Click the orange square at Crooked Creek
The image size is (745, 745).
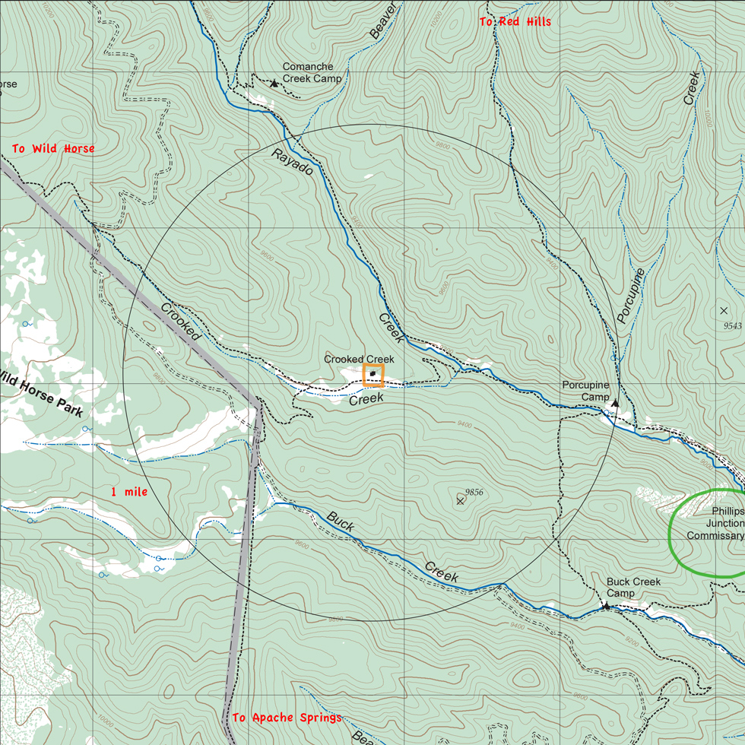[373, 375]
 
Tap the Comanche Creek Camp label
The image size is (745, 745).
[312, 73]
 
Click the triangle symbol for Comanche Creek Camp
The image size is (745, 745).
[274, 83]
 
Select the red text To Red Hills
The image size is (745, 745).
[515, 22]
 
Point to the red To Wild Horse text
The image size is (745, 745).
[53, 149]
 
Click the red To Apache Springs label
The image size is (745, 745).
[287, 718]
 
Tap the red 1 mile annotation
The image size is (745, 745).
[129, 492]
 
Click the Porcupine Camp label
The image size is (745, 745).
[585, 391]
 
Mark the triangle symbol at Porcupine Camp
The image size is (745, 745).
[615, 403]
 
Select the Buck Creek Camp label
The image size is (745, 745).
[633, 587]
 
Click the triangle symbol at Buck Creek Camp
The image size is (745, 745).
[606, 606]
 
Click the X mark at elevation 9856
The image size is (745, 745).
[461, 501]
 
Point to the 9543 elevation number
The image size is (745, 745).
[732, 325]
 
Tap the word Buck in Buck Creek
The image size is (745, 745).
[340, 522]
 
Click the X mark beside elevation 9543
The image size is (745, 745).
[723, 311]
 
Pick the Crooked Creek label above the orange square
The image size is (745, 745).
[359, 359]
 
